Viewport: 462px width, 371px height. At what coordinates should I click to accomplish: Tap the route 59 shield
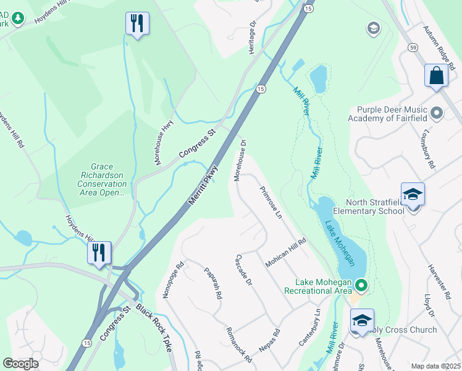click(412, 48)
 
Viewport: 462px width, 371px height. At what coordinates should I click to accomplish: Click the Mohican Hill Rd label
click(286, 252)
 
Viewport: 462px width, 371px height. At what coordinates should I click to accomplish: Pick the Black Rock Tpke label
click(154, 328)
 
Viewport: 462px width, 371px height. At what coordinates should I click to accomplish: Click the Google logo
click(20, 364)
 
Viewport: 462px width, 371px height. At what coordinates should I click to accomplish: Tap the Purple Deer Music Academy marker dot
click(437, 113)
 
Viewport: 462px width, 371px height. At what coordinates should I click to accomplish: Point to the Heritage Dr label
click(253, 38)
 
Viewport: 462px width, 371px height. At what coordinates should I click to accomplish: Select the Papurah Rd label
click(213, 283)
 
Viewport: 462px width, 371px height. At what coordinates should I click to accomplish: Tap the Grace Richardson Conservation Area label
click(100, 179)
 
